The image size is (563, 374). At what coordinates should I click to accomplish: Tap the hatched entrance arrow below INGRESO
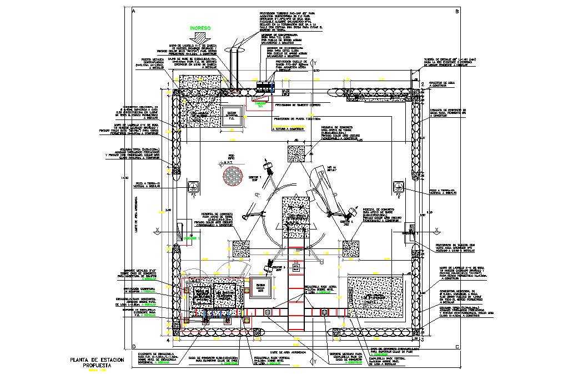[201, 38]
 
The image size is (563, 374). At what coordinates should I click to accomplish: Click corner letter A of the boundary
[133, 11]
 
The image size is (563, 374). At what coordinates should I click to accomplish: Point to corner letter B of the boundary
[456, 11]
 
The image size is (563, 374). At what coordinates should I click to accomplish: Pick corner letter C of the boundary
[456, 347]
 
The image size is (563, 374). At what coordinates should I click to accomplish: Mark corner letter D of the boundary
[133, 347]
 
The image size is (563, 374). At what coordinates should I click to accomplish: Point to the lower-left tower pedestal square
[241, 248]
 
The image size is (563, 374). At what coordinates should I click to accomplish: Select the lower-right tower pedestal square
[351, 248]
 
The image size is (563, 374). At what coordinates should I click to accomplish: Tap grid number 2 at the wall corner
[423, 84]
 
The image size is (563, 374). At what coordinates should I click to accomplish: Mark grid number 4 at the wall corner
[168, 340]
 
